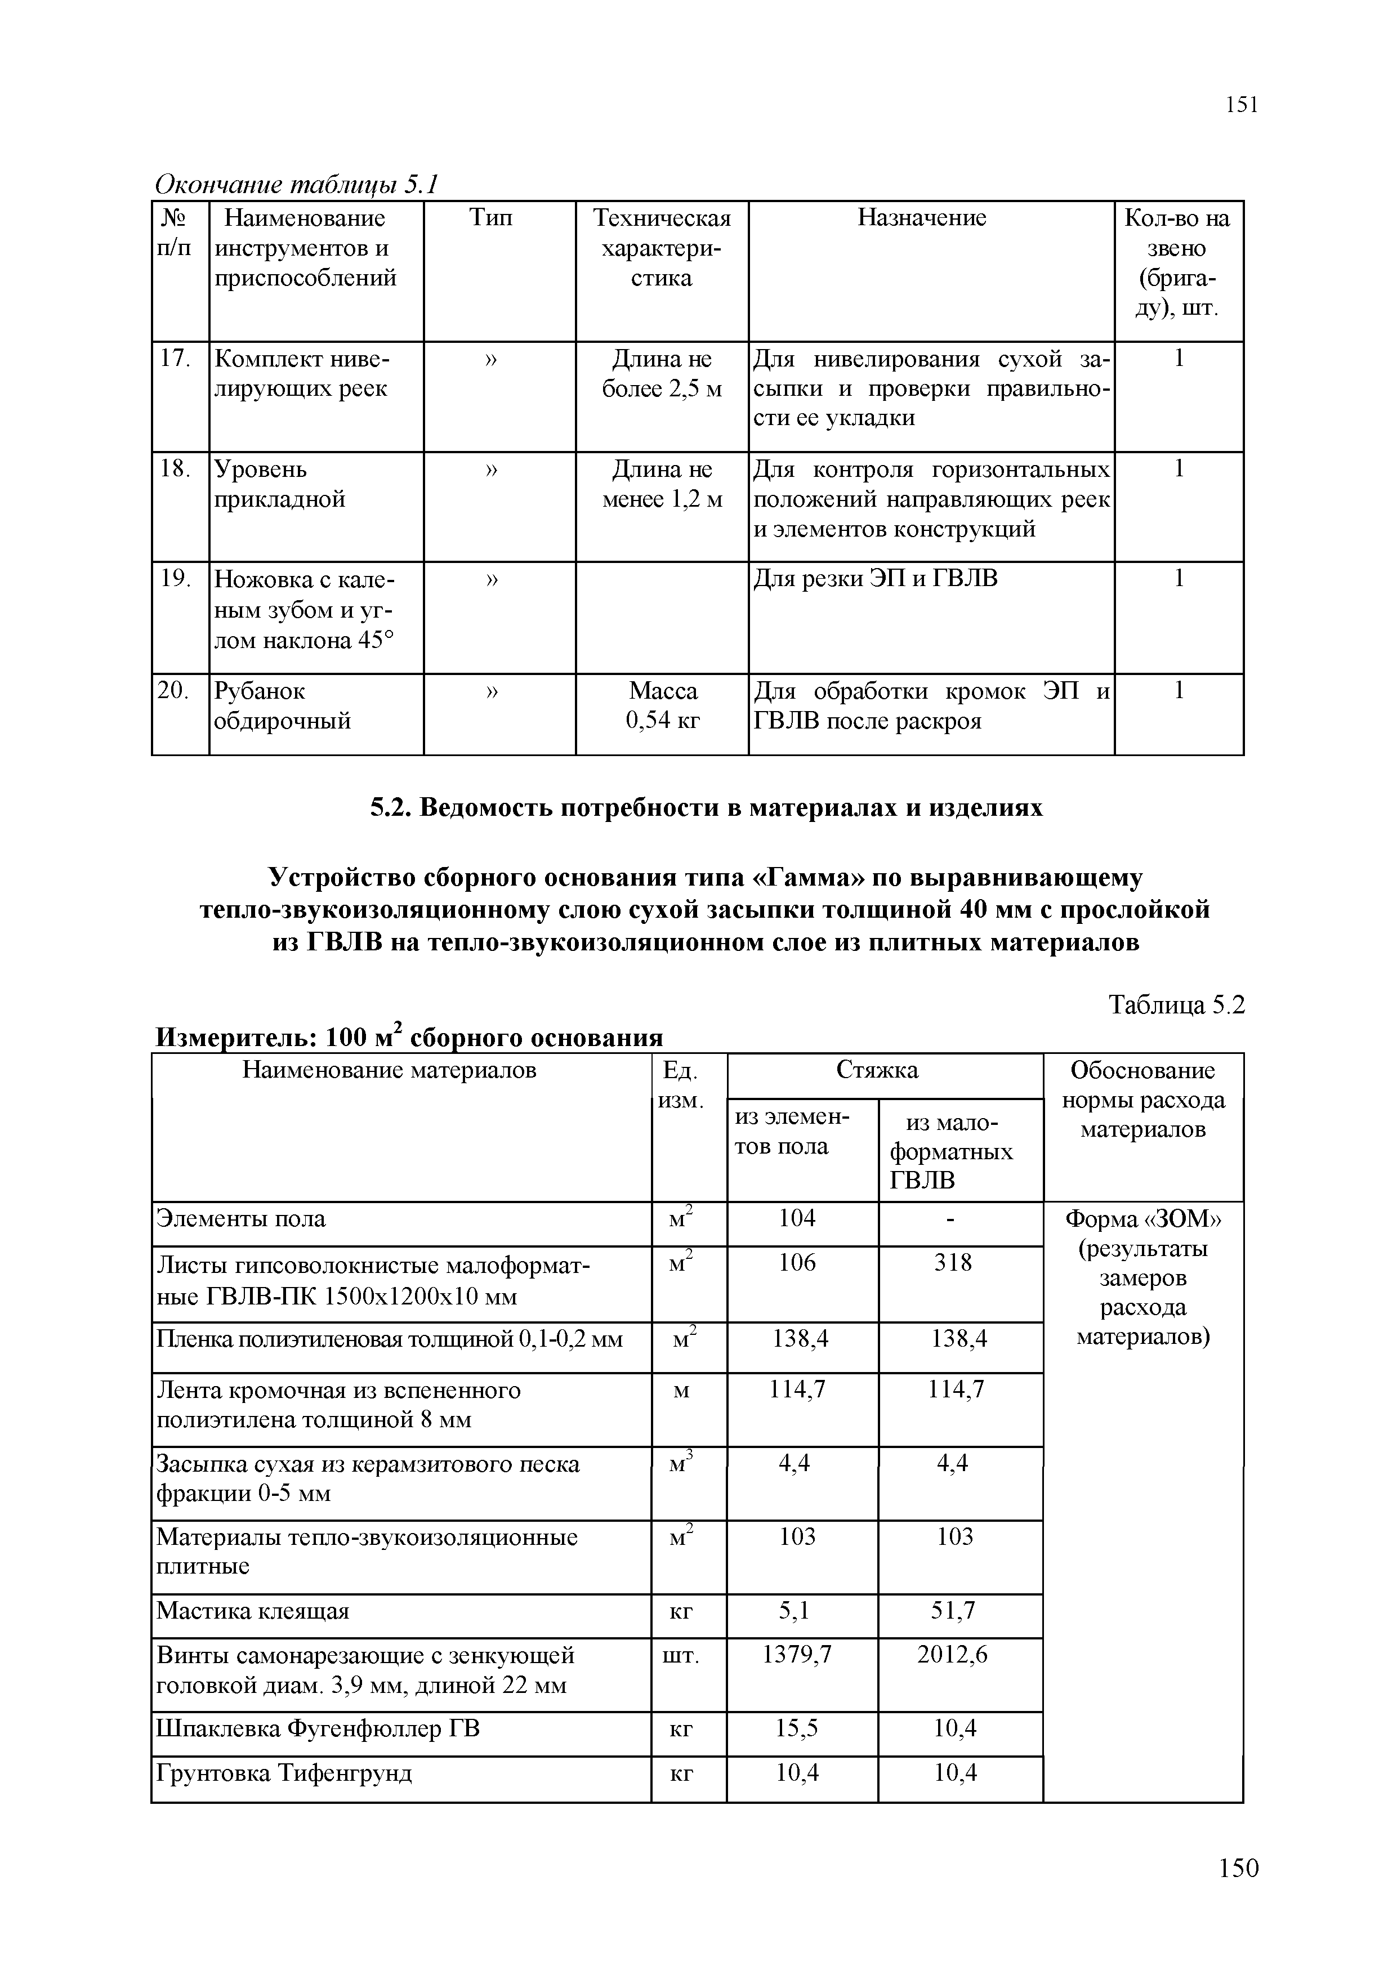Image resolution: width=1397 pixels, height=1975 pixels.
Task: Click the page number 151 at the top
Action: click(1241, 105)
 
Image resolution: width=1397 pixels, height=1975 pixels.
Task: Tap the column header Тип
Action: click(491, 218)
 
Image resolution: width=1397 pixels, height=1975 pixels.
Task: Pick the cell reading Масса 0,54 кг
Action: click(662, 705)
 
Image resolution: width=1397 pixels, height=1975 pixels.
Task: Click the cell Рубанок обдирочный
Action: click(282, 705)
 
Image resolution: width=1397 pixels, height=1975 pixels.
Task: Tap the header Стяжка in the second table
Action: click(877, 1070)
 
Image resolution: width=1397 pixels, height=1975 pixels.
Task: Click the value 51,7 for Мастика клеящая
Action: click(953, 1610)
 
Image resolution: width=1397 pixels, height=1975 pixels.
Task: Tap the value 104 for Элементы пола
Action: click(797, 1218)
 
